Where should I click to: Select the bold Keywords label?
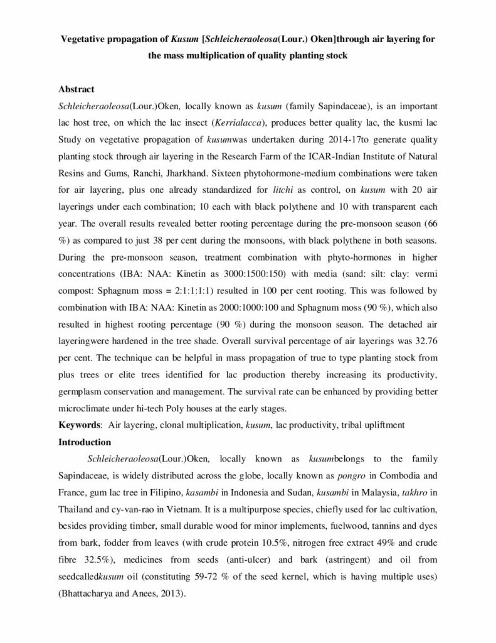click(x=80, y=425)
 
